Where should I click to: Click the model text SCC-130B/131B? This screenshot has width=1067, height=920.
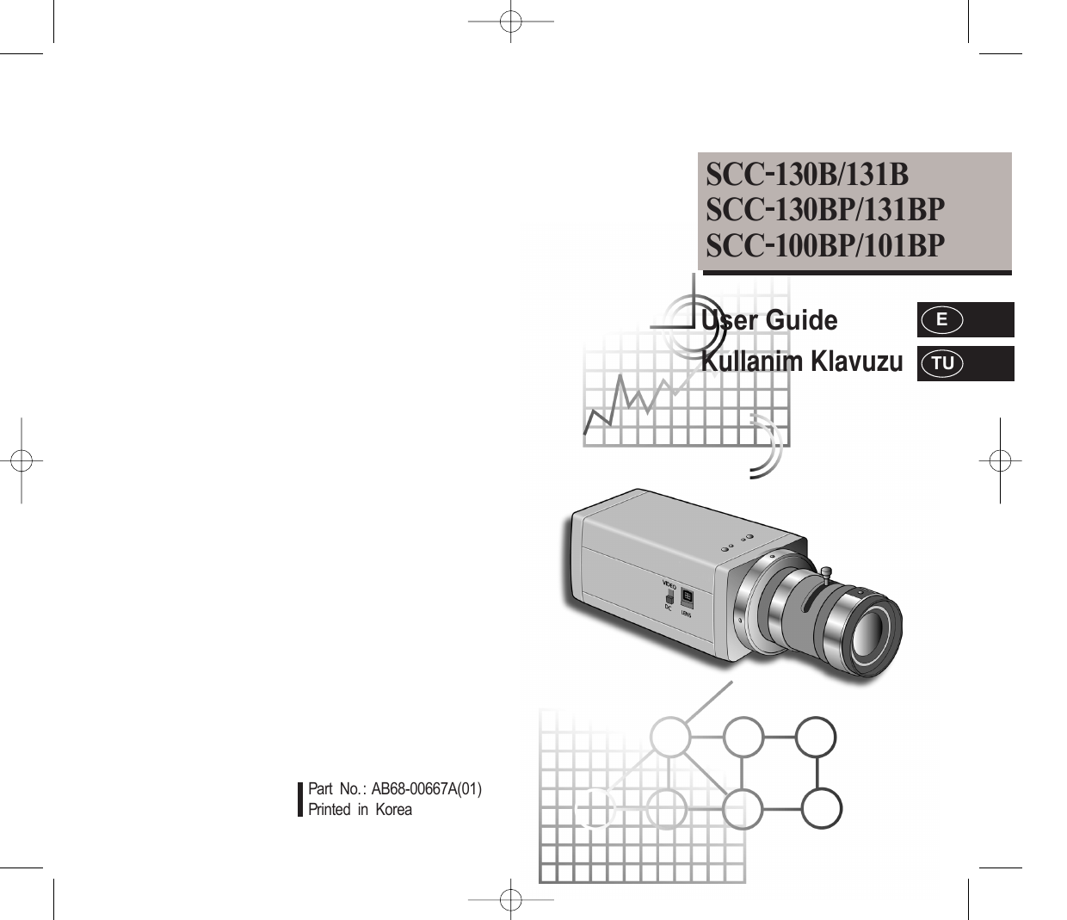(807, 175)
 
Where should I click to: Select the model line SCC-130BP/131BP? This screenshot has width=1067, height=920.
(825, 210)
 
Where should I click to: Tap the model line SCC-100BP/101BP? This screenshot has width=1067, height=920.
(825, 245)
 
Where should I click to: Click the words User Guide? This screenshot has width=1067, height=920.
(769, 320)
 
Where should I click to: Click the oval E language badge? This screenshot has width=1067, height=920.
(941, 320)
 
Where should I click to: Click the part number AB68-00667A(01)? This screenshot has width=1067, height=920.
(427, 789)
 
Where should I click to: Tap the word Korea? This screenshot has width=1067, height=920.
(393, 810)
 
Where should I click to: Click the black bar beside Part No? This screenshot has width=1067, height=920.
(300, 800)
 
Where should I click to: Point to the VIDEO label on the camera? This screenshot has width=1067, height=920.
(669, 585)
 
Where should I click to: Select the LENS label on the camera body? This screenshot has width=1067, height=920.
(686, 614)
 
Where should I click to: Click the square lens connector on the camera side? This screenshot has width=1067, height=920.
(688, 597)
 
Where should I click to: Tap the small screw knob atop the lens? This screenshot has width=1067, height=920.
(826, 573)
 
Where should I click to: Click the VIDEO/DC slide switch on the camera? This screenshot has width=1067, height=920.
(669, 598)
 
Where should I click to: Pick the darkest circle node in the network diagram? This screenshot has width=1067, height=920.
(821, 808)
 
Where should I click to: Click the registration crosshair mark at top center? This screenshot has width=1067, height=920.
(510, 22)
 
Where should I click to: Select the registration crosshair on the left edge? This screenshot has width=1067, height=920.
(22, 460)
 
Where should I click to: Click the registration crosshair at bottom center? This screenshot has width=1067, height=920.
(510, 900)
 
